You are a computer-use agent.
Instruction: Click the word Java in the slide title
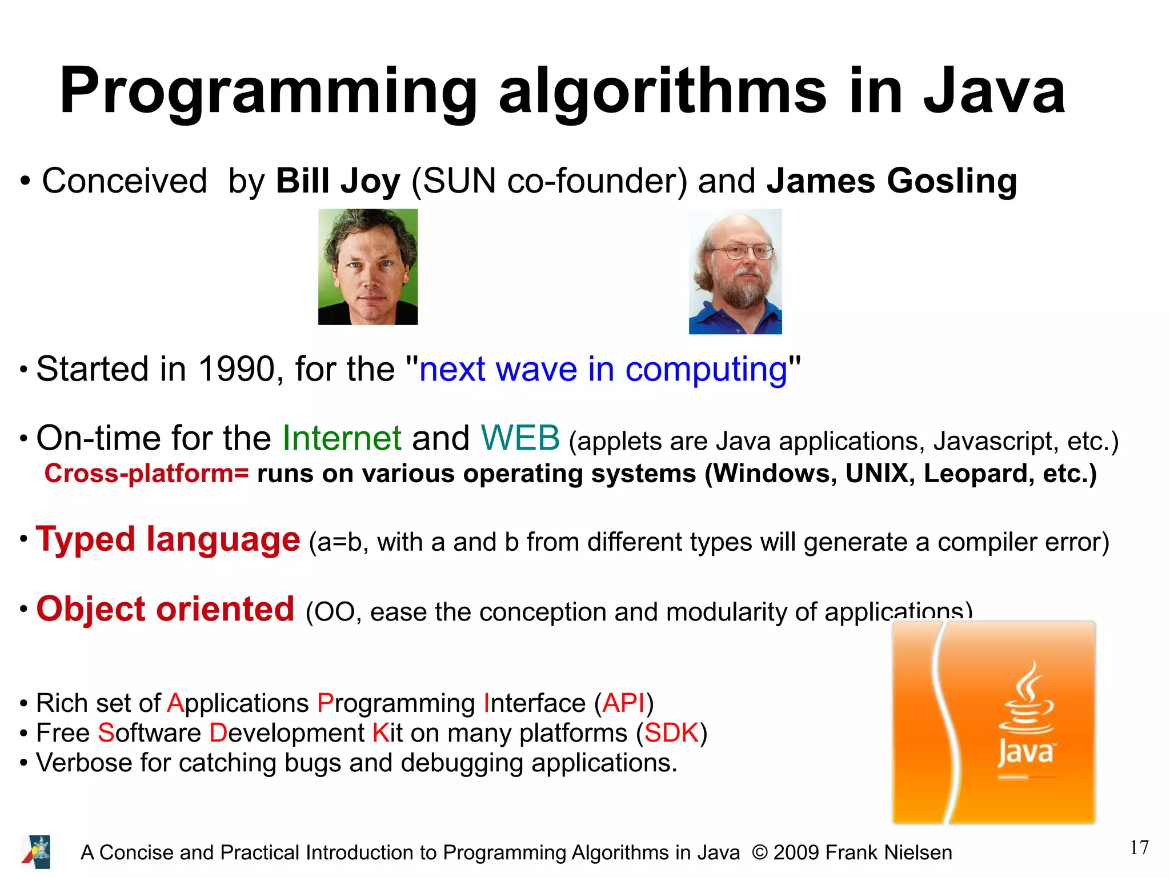[994, 91]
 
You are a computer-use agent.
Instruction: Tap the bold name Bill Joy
[338, 181]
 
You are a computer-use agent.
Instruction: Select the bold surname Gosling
[952, 181]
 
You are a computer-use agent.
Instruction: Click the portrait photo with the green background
[368, 267]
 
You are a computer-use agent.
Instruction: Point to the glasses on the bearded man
[742, 251]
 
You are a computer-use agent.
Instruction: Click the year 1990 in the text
[237, 369]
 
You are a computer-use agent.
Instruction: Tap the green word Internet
[342, 439]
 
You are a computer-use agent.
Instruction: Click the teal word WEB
[520, 439]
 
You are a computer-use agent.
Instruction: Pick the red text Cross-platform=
[147, 474]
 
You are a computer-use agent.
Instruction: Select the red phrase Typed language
[168, 539]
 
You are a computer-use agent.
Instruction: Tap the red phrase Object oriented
[166, 609]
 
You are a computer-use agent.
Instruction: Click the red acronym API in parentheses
[623, 703]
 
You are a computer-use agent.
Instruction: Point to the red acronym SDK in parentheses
[672, 733]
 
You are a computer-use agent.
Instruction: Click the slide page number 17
[1139, 848]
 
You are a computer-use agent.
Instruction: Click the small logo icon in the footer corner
[36, 852]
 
